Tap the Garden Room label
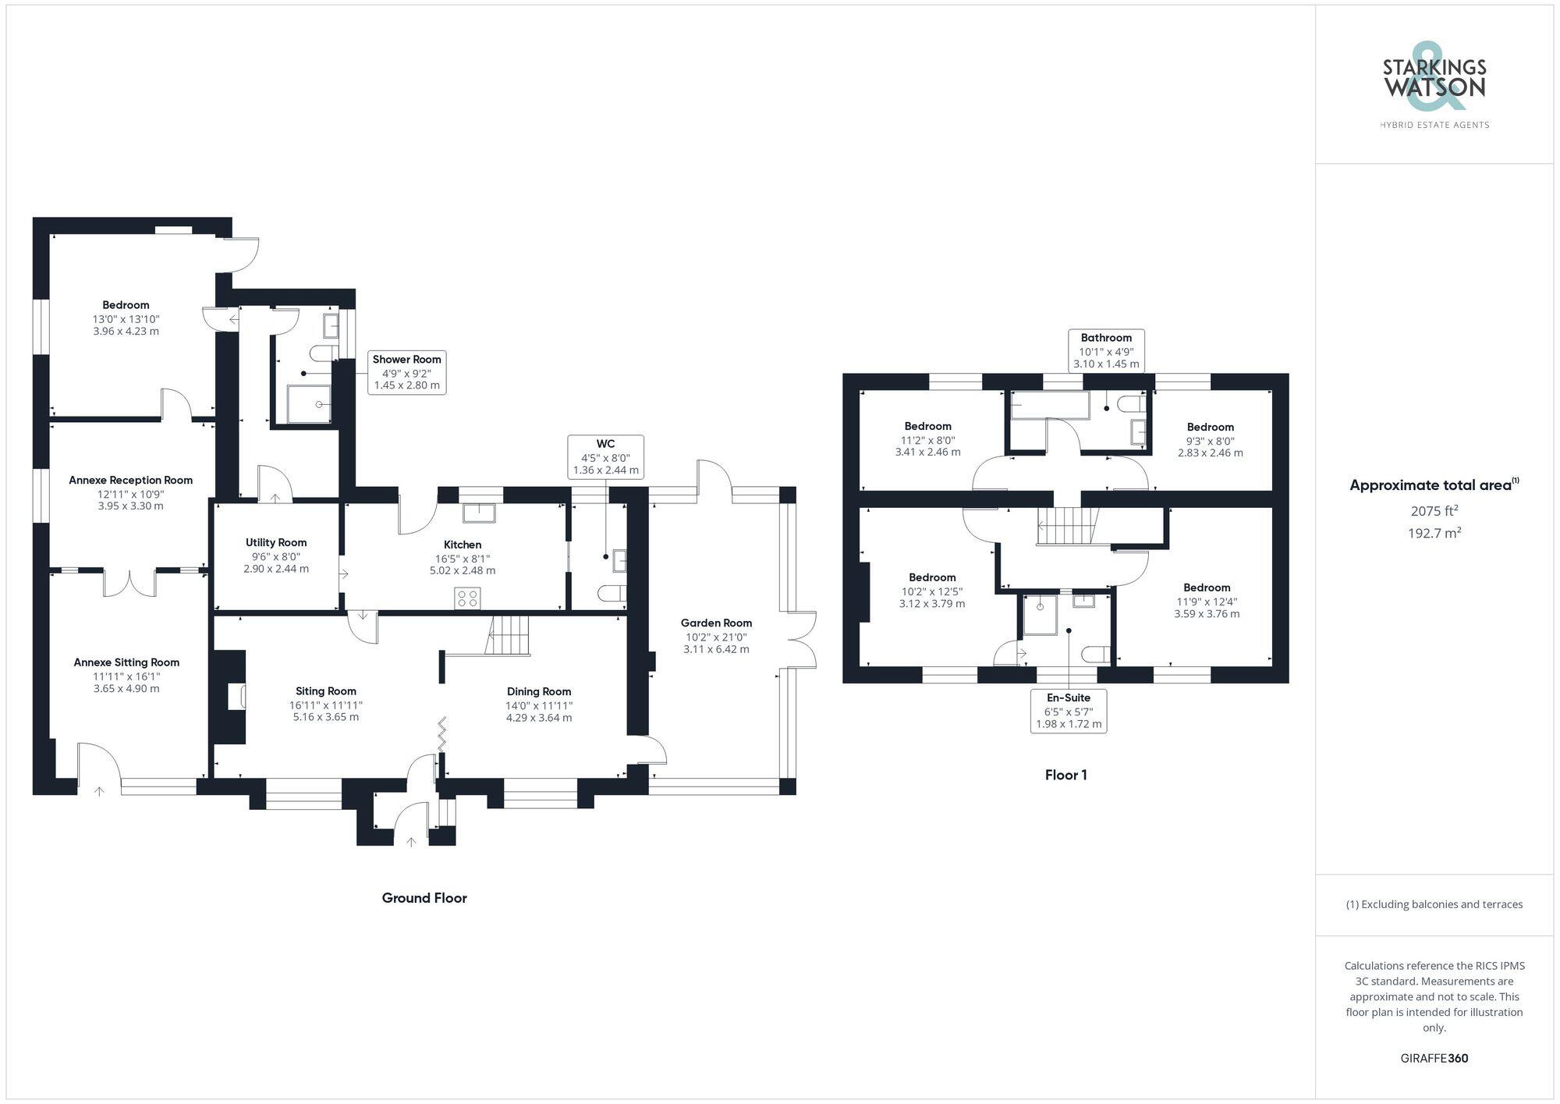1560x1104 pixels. (716, 623)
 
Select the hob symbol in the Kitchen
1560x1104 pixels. (469, 598)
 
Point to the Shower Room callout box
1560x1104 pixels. (406, 372)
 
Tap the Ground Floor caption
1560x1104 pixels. (424, 898)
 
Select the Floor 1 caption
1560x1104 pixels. (1065, 775)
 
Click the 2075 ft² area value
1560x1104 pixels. (1434, 512)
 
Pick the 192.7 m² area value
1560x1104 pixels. (1434, 534)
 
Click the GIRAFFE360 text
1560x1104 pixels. (1434, 1059)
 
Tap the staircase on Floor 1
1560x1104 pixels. (1066, 526)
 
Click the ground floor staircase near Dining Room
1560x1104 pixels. (508, 635)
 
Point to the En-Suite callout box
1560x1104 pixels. (1068, 711)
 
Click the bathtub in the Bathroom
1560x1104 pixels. (1049, 405)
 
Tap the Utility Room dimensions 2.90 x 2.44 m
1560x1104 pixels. (276, 569)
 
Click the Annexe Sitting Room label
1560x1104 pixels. (126, 662)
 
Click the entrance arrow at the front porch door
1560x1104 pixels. (411, 841)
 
